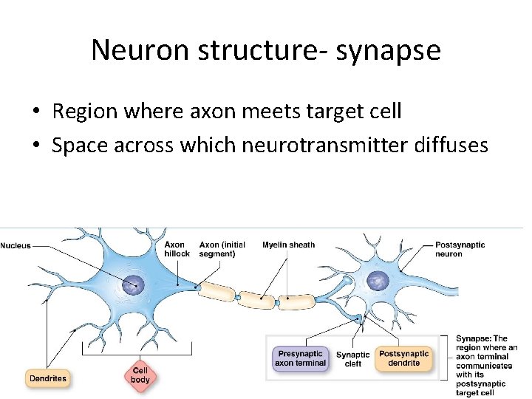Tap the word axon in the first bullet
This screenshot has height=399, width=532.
[x=211, y=112]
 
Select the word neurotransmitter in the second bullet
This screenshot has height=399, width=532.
[x=323, y=145]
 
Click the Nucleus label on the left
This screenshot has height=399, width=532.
[x=16, y=246]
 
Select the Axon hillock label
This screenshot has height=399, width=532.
[x=176, y=249]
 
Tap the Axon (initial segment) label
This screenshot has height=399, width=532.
[x=222, y=249]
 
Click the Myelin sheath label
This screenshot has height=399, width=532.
[x=288, y=245]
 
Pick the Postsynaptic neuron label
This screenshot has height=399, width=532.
[x=460, y=249]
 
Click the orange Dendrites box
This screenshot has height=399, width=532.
[x=47, y=378]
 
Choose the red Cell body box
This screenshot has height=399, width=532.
[x=140, y=375]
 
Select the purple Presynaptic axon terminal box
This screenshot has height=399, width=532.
[x=300, y=358]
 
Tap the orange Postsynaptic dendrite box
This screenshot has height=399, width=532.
[x=403, y=358]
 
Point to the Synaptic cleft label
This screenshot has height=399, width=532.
[x=352, y=359]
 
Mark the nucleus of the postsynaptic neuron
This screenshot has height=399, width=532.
[x=378, y=280]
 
